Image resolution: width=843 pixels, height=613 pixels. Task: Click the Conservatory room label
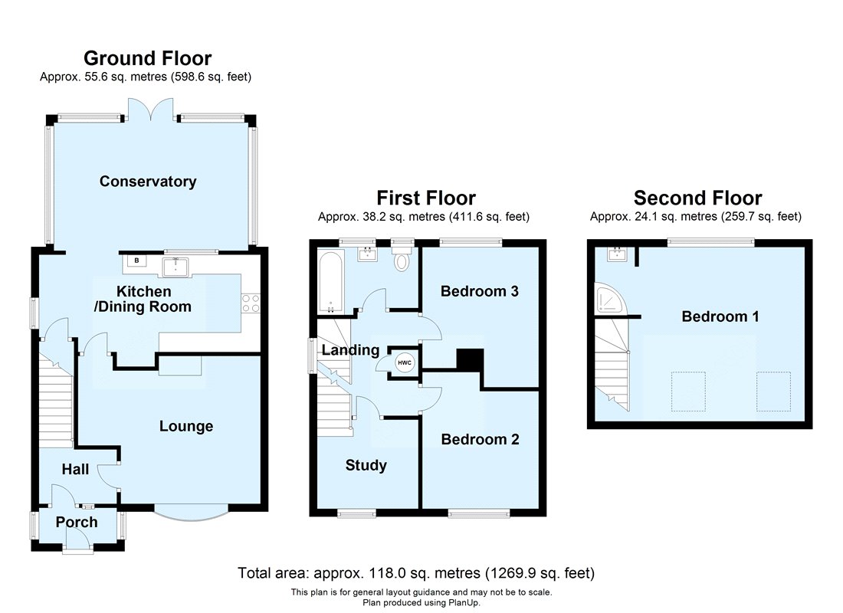(x=148, y=181)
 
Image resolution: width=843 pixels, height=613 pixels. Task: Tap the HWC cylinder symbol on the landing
(x=405, y=363)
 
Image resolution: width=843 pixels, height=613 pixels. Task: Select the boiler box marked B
(x=136, y=261)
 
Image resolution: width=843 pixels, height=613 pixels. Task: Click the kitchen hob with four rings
(x=251, y=303)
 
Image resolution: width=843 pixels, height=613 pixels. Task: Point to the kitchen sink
(x=175, y=267)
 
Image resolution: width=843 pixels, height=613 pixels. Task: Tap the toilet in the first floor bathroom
(x=402, y=257)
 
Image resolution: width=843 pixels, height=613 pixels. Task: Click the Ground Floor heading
(x=148, y=58)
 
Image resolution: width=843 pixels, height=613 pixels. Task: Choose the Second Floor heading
(x=698, y=198)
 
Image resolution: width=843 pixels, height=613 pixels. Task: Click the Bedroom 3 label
(x=480, y=291)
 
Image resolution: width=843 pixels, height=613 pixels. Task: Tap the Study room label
(x=366, y=465)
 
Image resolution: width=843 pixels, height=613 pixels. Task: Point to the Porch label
(x=77, y=522)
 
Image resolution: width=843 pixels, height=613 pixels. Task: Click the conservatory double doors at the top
(x=151, y=109)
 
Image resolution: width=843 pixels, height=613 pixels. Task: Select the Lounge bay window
(x=191, y=513)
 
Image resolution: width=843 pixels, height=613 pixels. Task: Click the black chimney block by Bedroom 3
(x=470, y=359)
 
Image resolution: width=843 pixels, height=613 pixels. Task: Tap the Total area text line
(x=416, y=573)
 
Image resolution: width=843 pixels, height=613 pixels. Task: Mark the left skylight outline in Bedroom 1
(x=688, y=392)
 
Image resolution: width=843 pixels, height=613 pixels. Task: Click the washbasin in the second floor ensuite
(x=617, y=254)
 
